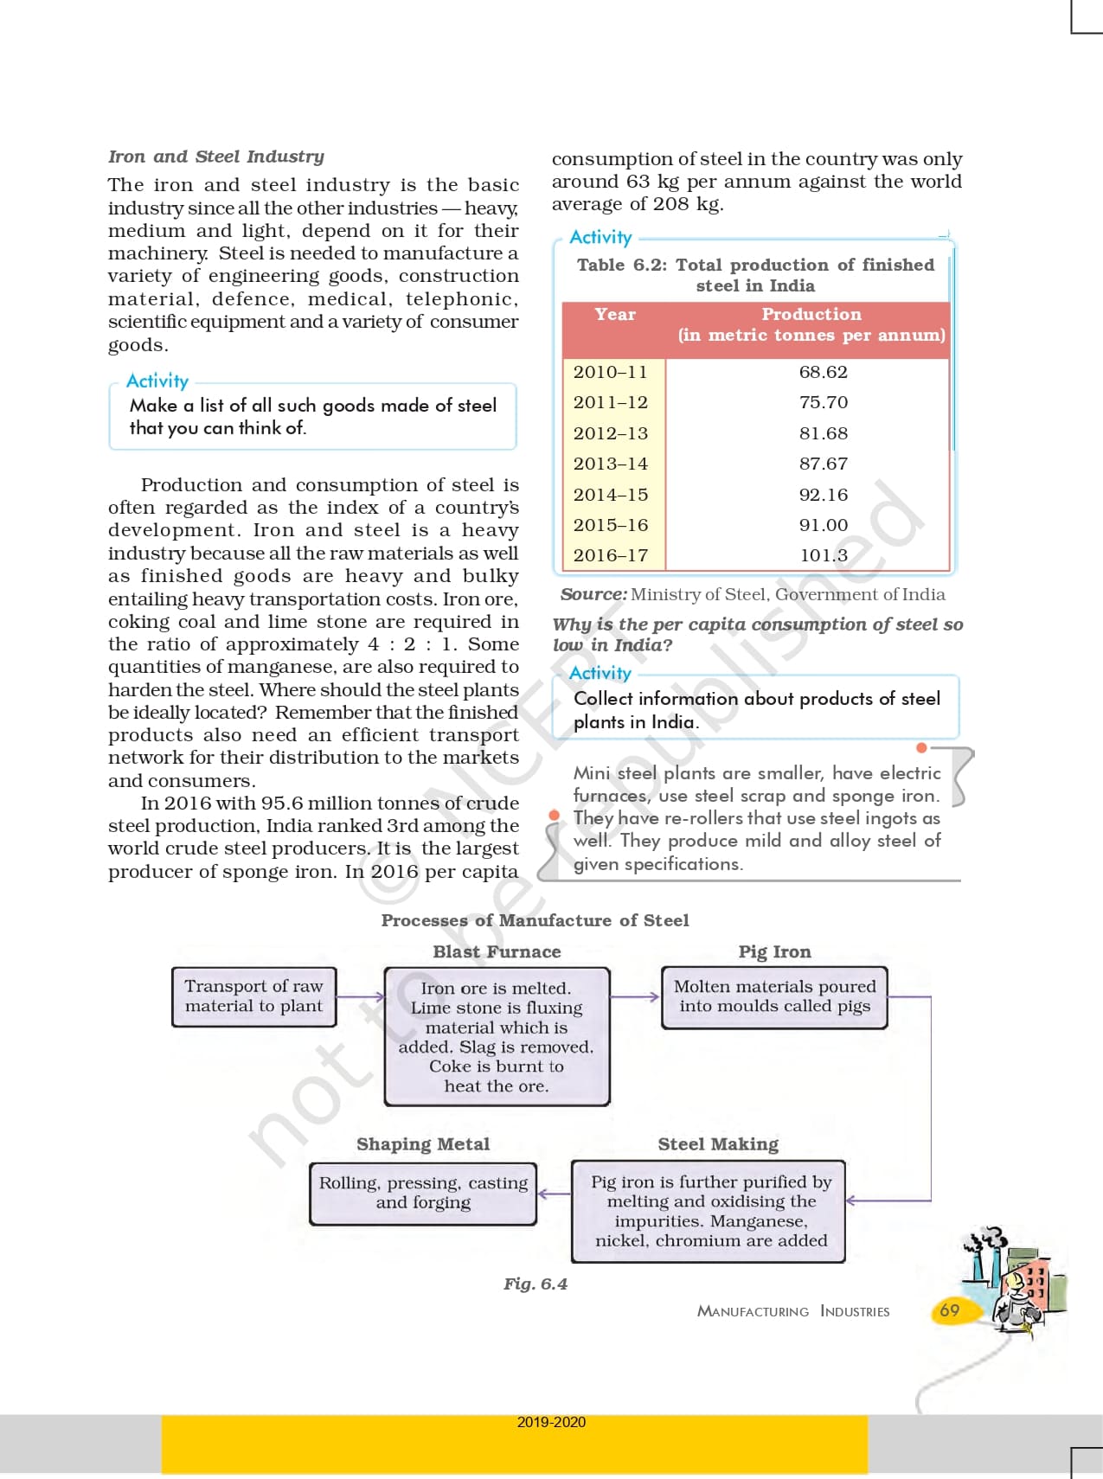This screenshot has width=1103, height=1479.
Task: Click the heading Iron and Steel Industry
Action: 215,157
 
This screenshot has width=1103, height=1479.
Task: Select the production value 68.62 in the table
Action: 823,372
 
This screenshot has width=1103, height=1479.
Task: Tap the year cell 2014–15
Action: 610,495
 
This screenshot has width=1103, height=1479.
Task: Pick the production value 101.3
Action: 823,555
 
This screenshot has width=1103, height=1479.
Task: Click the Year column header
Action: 615,315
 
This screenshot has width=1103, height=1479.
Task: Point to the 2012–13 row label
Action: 610,433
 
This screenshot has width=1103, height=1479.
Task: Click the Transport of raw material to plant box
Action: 253,996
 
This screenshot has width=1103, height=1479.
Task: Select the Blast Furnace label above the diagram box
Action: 497,951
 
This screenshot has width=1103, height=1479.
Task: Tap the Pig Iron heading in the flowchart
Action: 774,951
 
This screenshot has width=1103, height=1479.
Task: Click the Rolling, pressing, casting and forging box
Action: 423,1194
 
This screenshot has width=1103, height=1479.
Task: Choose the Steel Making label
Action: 718,1144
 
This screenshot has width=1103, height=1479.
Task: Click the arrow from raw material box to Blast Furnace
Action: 360,997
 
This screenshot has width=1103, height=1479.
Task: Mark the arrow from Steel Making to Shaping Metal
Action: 554,1194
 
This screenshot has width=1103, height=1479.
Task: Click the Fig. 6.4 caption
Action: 535,1284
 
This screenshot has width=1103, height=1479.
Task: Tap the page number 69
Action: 949,1310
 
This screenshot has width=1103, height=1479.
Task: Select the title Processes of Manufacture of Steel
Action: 535,920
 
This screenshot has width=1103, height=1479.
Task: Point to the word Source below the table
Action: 593,594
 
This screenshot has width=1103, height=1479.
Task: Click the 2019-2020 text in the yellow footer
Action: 551,1422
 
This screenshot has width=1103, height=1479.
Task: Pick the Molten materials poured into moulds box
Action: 774,996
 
